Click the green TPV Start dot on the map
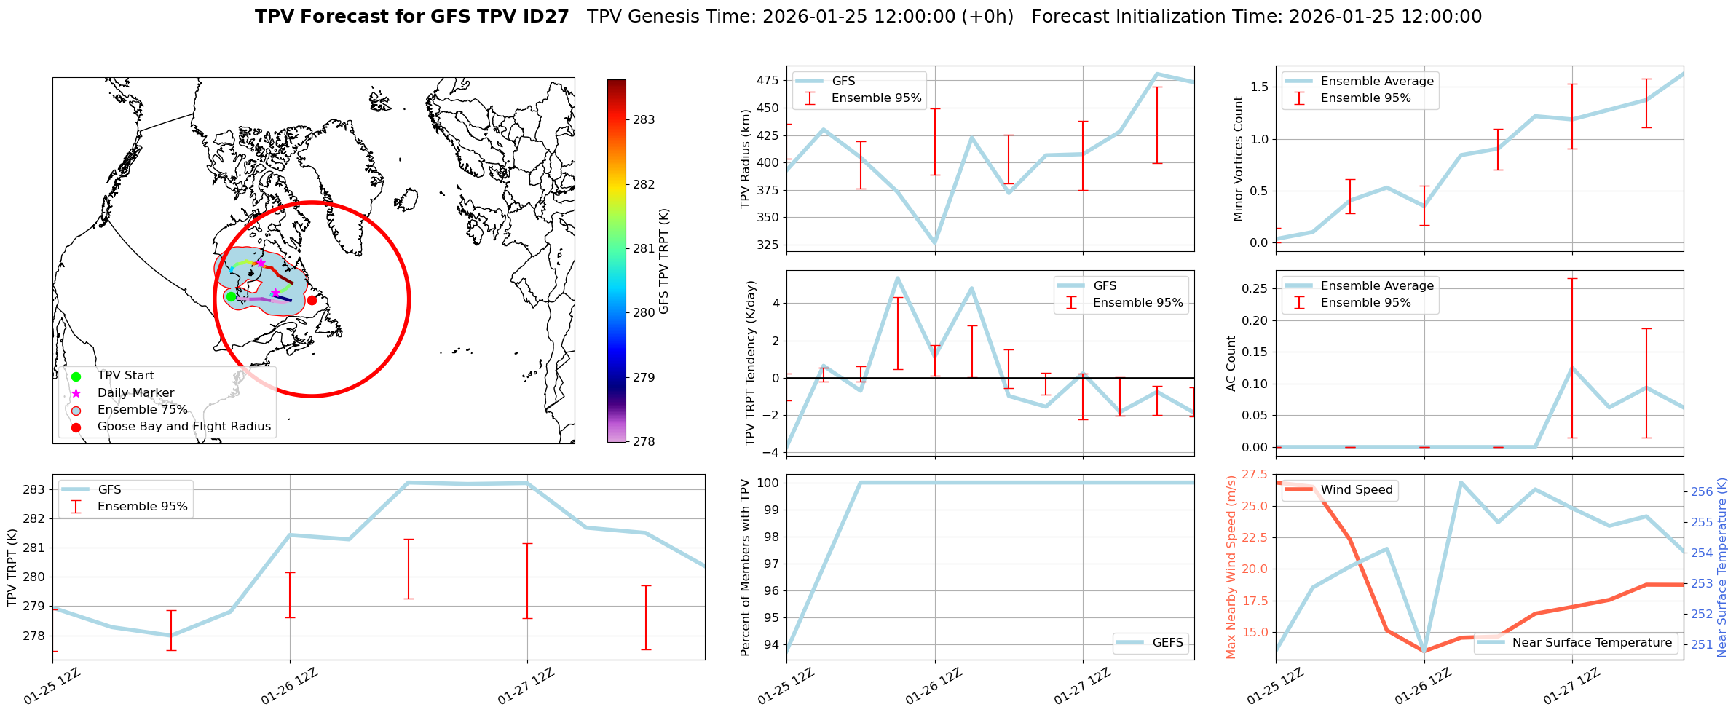click(231, 296)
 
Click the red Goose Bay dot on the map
click(312, 300)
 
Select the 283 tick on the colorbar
click(644, 120)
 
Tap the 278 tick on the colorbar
click(644, 441)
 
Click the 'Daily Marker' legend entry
click(135, 393)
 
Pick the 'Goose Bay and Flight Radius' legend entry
click(184, 427)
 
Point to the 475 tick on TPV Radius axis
click(768, 81)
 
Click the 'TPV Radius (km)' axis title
click(745, 159)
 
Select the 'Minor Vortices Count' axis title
click(1239, 159)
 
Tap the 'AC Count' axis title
click(1231, 363)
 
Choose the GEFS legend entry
click(1167, 643)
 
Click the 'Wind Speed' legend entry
click(1356, 490)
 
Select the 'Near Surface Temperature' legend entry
click(1591, 643)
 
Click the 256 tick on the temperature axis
click(1702, 492)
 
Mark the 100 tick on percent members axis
click(768, 483)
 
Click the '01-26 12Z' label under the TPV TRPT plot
click(289, 686)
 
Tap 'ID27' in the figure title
click(546, 17)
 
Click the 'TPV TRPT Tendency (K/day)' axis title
click(751, 363)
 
